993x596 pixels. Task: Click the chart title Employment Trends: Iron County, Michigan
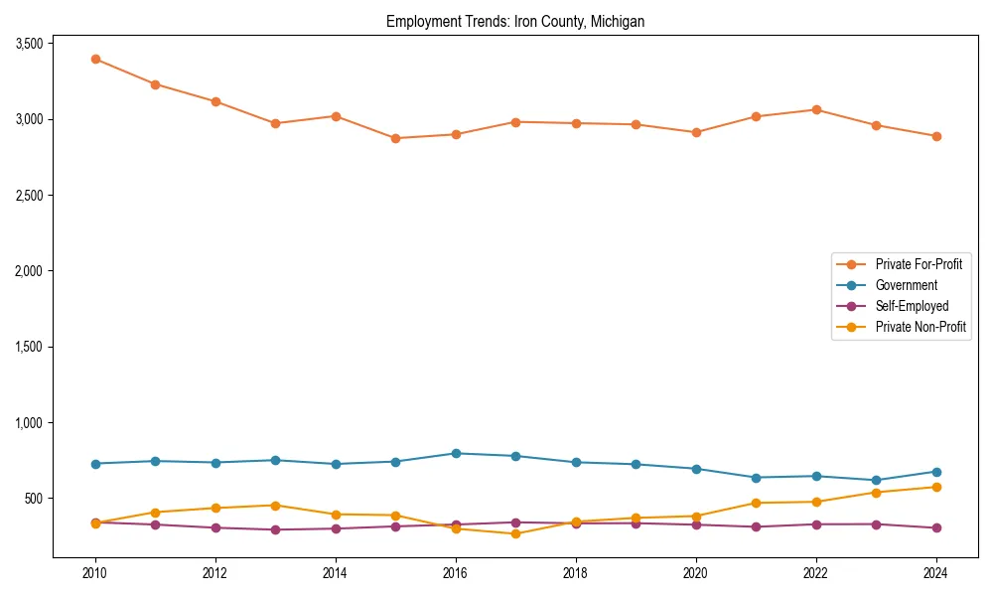pyautogui.click(x=515, y=22)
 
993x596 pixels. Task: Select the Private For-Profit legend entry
pyautogui.click(x=919, y=264)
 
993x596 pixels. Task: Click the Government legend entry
pyautogui.click(x=906, y=285)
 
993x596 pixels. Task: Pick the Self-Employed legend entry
pyautogui.click(x=912, y=306)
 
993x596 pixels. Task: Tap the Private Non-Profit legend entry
pyautogui.click(x=921, y=327)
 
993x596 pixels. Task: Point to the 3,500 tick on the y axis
pyautogui.click(x=28, y=44)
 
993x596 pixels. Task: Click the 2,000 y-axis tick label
pyautogui.click(x=28, y=271)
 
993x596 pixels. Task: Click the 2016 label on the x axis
pyautogui.click(x=456, y=573)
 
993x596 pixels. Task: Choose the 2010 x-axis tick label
pyautogui.click(x=95, y=573)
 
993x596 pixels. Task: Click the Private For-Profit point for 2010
pyautogui.click(x=95, y=60)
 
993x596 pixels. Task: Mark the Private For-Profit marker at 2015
pyautogui.click(x=395, y=138)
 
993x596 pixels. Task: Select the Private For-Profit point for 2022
pyautogui.click(x=816, y=109)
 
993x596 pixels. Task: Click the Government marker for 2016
pyautogui.click(x=456, y=453)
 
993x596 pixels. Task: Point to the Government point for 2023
pyautogui.click(x=876, y=480)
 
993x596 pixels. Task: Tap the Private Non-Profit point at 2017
pyautogui.click(x=515, y=533)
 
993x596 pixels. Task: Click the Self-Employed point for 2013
pyautogui.click(x=275, y=529)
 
